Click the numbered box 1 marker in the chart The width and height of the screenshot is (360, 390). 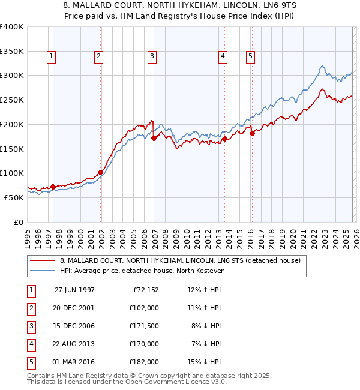pos(52,57)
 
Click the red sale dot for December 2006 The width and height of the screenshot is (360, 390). pos(154,138)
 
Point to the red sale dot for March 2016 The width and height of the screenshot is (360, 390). pos(252,133)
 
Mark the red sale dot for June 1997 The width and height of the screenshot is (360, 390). pos(53,187)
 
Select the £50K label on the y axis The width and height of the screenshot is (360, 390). pos(14,197)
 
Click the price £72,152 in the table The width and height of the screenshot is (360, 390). pos(144,290)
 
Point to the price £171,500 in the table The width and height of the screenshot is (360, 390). pos(144,326)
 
